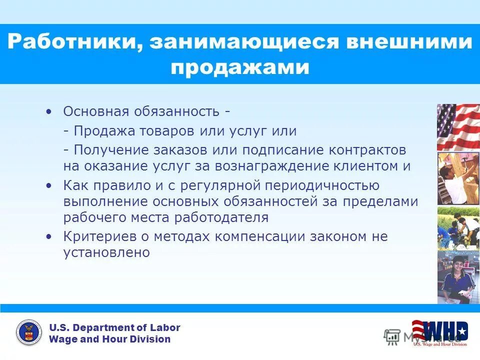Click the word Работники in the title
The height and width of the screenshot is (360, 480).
pyautogui.click(x=72, y=42)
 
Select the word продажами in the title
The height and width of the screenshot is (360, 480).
pyautogui.click(x=239, y=67)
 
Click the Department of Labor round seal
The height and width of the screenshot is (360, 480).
pyautogui.click(x=29, y=333)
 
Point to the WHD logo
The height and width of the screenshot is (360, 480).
pyautogui.click(x=440, y=332)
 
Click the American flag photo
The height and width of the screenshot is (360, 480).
pyautogui.click(x=458, y=127)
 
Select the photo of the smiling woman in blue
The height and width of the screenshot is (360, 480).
pyautogui.click(x=458, y=277)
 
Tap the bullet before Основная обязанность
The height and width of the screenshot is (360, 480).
pyautogui.click(x=48, y=111)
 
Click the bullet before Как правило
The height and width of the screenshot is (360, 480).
pyautogui.click(x=48, y=185)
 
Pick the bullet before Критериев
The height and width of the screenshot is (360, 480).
pyautogui.click(x=48, y=236)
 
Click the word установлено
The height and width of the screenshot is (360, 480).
pyautogui.click(x=106, y=252)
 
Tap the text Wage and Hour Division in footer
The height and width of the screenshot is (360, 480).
pyautogui.click(x=109, y=339)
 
